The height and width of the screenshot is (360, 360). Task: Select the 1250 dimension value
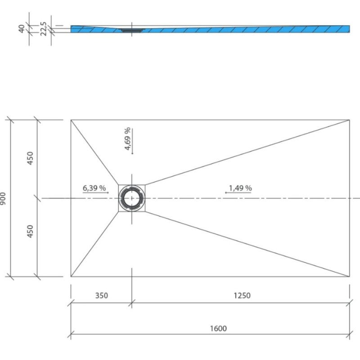[242, 296]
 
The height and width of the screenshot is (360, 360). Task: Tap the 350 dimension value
[101, 296]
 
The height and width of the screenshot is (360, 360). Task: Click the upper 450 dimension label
[30, 158]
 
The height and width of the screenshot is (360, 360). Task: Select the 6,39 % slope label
[94, 188]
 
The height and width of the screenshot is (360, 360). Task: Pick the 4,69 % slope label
[127, 139]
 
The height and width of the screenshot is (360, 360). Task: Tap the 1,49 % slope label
[240, 188]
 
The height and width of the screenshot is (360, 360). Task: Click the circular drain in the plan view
[131, 198]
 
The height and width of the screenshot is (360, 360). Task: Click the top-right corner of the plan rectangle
[349, 120]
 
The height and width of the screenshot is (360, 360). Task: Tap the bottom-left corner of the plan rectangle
[71, 276]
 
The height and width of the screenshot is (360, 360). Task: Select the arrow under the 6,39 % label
[95, 193]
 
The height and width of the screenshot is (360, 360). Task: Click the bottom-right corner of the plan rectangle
[349, 276]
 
